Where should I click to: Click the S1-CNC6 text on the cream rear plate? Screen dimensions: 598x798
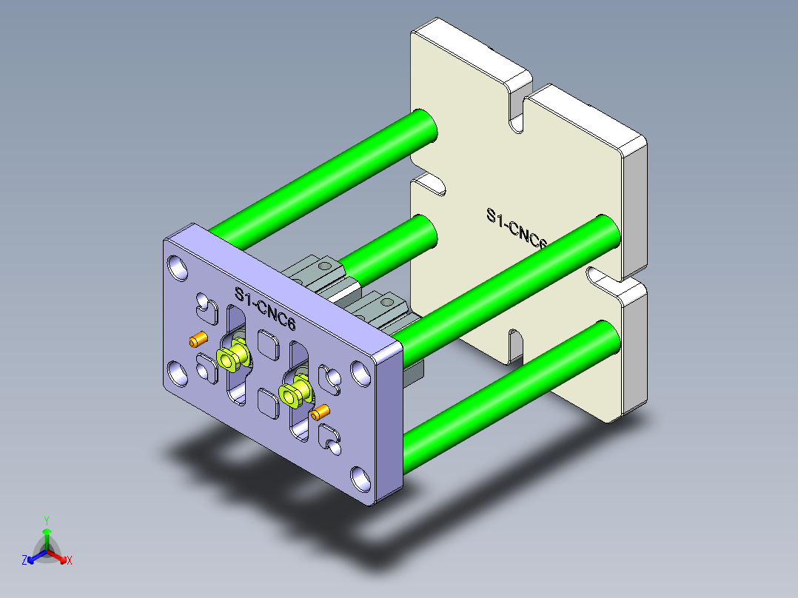tap(517, 230)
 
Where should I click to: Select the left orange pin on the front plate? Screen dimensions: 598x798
tap(197, 340)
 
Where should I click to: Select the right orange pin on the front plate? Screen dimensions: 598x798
tap(320, 411)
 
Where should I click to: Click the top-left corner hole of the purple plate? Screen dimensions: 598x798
tap(178, 268)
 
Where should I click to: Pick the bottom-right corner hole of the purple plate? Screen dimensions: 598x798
tap(360, 479)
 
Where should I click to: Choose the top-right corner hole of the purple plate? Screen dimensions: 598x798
tap(361, 373)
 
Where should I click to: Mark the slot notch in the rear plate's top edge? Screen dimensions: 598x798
tap(517, 111)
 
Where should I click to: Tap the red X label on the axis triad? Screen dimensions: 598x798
tap(70, 561)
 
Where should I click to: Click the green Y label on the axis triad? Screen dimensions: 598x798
tap(46, 520)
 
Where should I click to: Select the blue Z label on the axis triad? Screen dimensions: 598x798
tap(24, 561)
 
